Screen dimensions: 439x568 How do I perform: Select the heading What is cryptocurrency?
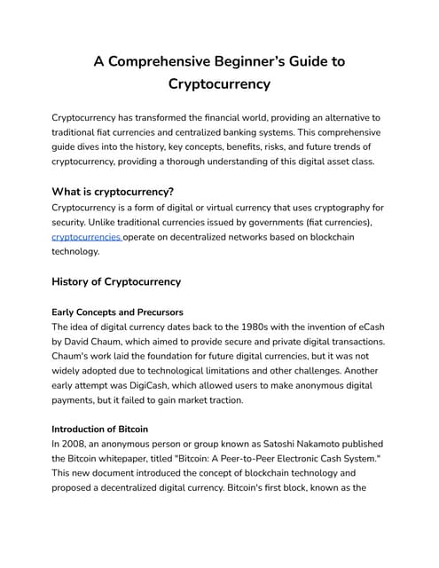point(113,191)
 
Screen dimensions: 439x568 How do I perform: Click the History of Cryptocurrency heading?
point(117,281)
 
